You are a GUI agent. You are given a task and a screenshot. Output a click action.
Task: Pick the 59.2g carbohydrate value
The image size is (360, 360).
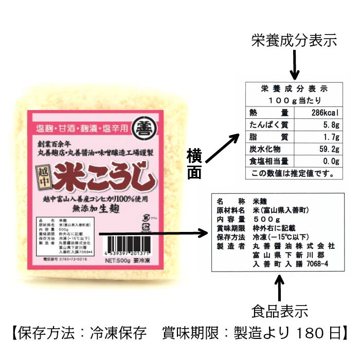click(x=328, y=150)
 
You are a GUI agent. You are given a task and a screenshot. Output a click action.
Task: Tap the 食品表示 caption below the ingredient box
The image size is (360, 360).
click(x=280, y=311)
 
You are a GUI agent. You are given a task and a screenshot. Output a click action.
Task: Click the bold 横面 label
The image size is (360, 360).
click(x=195, y=164)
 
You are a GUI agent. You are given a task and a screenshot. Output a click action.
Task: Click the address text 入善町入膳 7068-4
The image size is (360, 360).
click(x=291, y=264)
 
